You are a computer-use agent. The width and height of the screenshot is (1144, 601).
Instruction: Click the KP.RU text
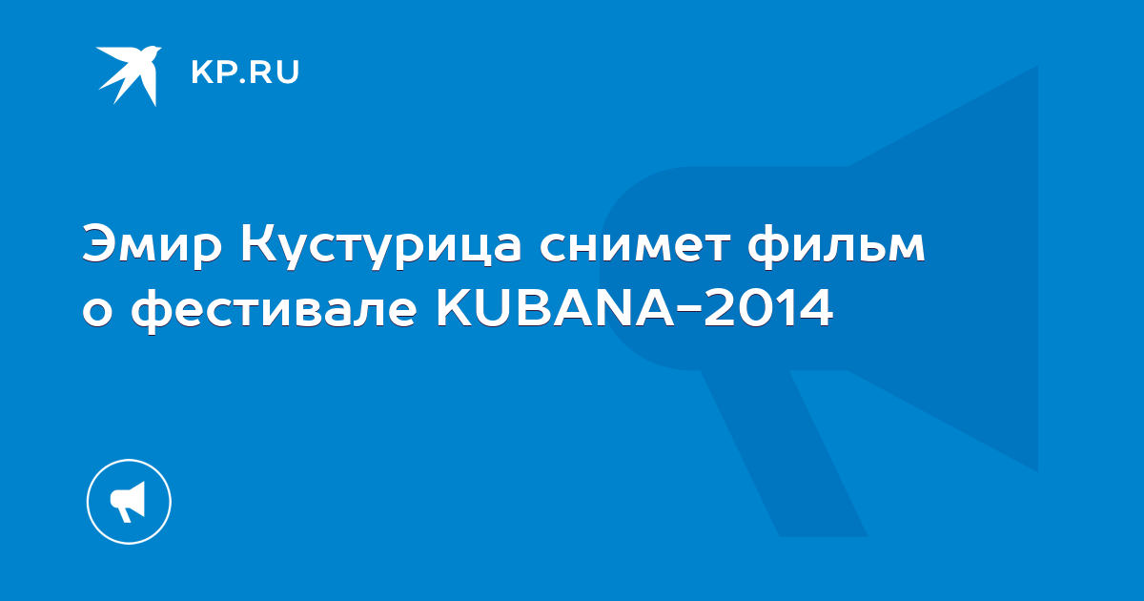pyautogui.click(x=245, y=73)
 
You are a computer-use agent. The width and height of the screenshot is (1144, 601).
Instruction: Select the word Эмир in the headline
pyautogui.click(x=153, y=247)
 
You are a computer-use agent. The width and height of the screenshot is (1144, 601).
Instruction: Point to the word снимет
pyautogui.click(x=635, y=246)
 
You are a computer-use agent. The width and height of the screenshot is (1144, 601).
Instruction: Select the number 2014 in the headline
pyautogui.click(x=768, y=307)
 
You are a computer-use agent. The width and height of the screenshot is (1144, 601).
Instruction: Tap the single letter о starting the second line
pyautogui.click(x=97, y=311)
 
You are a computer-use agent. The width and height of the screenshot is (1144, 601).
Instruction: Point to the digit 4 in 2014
pyautogui.click(x=816, y=307)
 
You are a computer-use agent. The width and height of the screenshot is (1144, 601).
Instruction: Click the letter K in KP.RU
pyautogui.click(x=201, y=73)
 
